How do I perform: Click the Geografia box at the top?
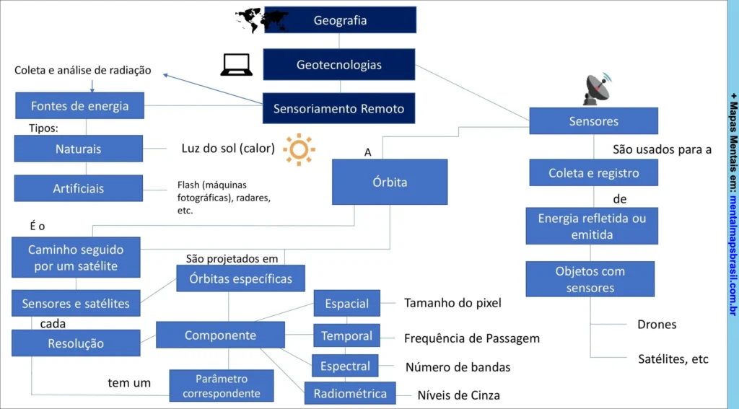pyautogui.click(x=340, y=20)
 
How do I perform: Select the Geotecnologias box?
pyautogui.click(x=338, y=64)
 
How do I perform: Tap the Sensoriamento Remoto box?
pyautogui.click(x=338, y=109)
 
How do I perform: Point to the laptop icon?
pyautogui.click(x=236, y=66)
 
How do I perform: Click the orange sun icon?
pyautogui.click(x=299, y=149)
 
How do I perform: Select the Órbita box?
pyautogui.click(x=389, y=182)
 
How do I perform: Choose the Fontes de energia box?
pyautogui.click(x=79, y=105)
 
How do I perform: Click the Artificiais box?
pyautogui.click(x=78, y=188)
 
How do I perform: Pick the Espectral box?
pyautogui.click(x=345, y=366)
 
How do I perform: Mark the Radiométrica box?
pyautogui.click(x=349, y=393)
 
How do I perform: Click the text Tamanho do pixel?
pyautogui.click(x=452, y=303)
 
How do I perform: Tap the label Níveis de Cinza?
pyautogui.click(x=458, y=395)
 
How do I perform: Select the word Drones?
pyautogui.click(x=657, y=325)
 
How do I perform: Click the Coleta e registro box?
pyautogui.click(x=593, y=173)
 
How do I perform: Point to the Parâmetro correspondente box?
pyautogui.click(x=222, y=386)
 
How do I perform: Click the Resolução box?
pyautogui.click(x=76, y=343)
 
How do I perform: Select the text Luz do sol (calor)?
pyautogui.click(x=228, y=149)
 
